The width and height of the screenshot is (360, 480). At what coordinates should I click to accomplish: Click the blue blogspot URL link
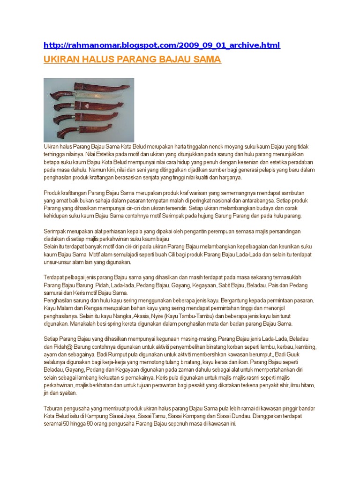pos(162,45)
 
